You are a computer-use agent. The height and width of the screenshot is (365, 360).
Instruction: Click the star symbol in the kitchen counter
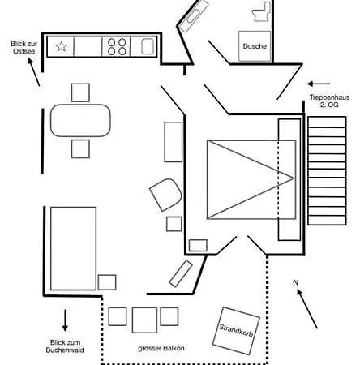[62, 46]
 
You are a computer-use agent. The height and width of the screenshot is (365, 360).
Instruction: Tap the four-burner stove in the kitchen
[117, 46]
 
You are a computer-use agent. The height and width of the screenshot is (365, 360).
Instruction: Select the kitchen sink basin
[148, 46]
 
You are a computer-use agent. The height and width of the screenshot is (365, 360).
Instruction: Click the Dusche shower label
[255, 46]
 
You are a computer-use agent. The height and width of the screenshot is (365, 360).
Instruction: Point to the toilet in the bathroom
[261, 11]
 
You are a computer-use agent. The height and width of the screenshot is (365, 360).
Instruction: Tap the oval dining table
[80, 120]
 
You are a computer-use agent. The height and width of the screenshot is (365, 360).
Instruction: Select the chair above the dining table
[80, 92]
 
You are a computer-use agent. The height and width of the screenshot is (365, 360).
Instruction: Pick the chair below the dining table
[80, 148]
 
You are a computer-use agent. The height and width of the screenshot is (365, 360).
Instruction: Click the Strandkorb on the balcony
[236, 330]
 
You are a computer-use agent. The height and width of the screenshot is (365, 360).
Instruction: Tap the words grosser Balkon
[161, 348]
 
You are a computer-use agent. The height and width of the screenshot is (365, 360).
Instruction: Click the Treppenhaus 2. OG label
[329, 101]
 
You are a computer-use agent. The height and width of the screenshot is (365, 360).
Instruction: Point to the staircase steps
[327, 170]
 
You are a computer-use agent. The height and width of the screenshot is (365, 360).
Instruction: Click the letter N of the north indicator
[296, 282]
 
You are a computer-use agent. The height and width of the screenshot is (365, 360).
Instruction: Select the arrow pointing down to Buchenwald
[65, 320]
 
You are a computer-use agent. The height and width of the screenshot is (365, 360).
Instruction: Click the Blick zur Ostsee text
[24, 47]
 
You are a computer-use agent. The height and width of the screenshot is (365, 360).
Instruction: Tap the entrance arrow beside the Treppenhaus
[319, 84]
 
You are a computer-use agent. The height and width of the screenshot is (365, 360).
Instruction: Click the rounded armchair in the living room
[165, 195]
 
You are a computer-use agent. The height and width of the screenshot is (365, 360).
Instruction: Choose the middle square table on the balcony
[144, 320]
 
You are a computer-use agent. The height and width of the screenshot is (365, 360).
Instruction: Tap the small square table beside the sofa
[107, 282]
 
